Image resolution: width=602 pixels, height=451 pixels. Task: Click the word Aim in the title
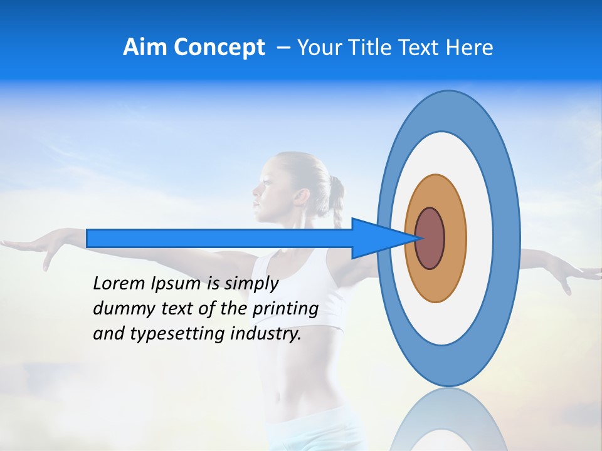(x=145, y=48)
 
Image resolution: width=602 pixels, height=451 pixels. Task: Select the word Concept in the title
(x=218, y=48)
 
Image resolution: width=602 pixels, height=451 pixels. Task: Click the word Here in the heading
(x=470, y=48)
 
